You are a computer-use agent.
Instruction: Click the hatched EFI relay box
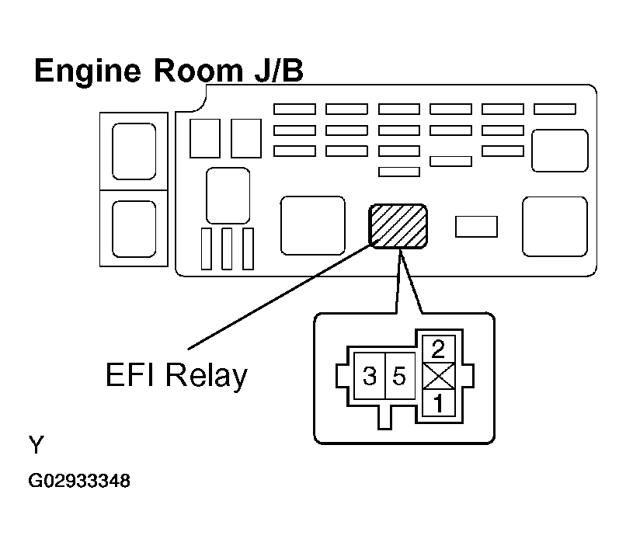[398, 226]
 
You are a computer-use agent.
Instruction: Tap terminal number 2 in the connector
[438, 349]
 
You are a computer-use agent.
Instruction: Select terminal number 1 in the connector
[438, 403]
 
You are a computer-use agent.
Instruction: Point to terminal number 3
[369, 376]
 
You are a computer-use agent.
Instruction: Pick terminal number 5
[400, 376]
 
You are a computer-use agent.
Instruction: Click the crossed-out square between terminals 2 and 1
[439, 376]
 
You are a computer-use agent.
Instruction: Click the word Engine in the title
[88, 71]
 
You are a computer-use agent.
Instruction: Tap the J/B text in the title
[279, 71]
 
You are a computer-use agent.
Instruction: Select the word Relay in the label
[207, 376]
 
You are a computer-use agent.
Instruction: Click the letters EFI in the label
[130, 374]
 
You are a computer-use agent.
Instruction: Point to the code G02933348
[79, 481]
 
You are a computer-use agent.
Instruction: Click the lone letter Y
[37, 444]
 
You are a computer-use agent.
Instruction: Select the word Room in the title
[198, 71]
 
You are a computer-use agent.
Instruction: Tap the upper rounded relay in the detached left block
[134, 151]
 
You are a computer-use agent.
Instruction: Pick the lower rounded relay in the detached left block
[134, 229]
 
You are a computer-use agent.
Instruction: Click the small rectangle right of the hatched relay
[476, 227]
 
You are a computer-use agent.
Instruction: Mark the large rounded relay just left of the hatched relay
[312, 225]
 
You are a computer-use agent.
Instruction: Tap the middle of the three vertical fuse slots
[227, 249]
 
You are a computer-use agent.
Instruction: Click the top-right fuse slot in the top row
[555, 109]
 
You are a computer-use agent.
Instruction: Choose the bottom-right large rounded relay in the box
[555, 226]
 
